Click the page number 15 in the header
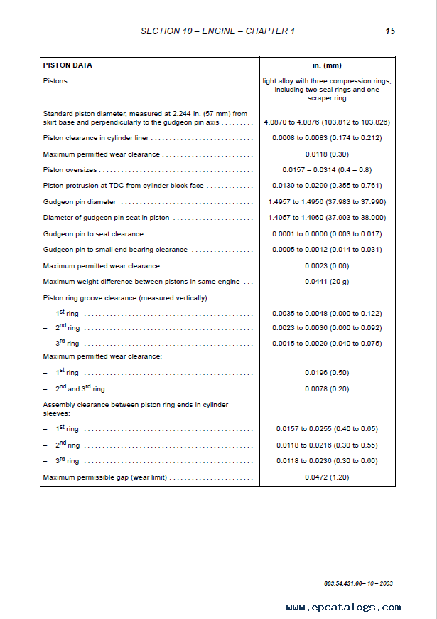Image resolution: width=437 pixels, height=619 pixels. point(390,31)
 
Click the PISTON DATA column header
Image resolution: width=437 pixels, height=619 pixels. point(68,65)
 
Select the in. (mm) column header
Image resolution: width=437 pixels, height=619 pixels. point(327,65)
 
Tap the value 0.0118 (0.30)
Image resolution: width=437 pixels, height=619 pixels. point(327,154)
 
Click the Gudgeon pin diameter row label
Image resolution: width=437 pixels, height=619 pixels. point(80,202)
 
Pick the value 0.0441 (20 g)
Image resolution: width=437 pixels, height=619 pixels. point(327,282)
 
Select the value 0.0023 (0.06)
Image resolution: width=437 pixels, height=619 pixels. point(327,266)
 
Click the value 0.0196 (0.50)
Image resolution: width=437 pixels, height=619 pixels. point(327,373)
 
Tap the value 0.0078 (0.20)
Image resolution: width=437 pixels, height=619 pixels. point(327,389)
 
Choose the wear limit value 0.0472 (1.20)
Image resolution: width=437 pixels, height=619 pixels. point(327,477)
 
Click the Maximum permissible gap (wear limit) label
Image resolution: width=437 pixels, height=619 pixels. point(105,477)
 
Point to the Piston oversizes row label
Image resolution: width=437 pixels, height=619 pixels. point(70,170)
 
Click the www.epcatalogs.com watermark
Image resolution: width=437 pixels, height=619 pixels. point(343,608)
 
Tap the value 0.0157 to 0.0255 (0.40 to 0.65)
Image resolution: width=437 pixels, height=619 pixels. point(327,429)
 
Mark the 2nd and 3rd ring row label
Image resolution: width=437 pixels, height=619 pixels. point(80,389)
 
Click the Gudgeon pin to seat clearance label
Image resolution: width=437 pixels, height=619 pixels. point(93,234)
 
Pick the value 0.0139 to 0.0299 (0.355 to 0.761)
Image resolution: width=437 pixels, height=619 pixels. point(327,186)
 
